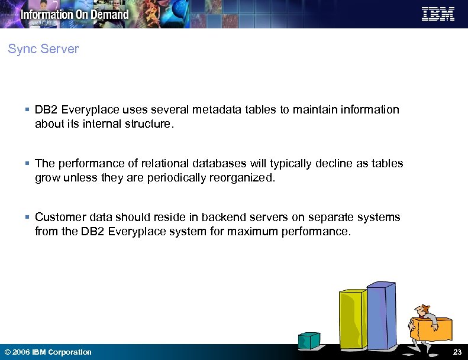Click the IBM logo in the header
(438, 14)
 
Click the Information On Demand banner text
(75, 14)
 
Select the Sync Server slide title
(43, 49)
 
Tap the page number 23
(457, 352)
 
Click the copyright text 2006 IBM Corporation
(49, 352)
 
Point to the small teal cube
(309, 340)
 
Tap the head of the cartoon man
(420, 310)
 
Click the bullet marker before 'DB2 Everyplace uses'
(28, 110)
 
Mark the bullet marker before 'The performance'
(28, 164)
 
